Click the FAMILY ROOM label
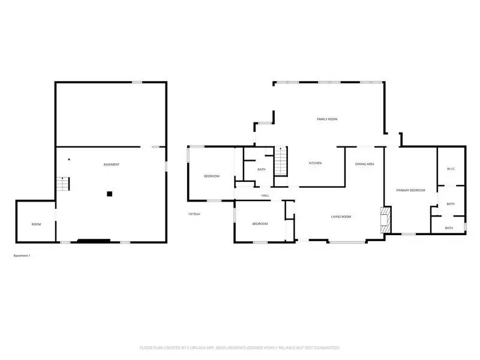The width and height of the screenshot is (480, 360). pyautogui.click(x=327, y=119)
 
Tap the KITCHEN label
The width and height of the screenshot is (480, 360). pyautogui.click(x=316, y=163)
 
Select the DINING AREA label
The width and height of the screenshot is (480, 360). pyautogui.click(x=365, y=163)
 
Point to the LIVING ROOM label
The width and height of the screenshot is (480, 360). pyautogui.click(x=341, y=217)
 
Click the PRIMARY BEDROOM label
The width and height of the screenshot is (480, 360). pyautogui.click(x=410, y=190)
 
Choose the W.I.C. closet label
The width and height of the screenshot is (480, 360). pyautogui.click(x=451, y=169)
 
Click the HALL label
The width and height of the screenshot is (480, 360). pyautogui.click(x=265, y=196)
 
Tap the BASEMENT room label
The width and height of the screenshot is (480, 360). pyautogui.click(x=111, y=164)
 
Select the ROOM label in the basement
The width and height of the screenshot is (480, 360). pyautogui.click(x=36, y=224)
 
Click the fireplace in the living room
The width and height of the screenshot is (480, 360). pyautogui.click(x=385, y=220)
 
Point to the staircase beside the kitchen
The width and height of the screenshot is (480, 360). pyautogui.click(x=281, y=161)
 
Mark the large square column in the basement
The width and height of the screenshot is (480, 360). pyautogui.click(x=110, y=193)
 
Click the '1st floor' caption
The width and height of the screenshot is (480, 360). pyautogui.click(x=194, y=214)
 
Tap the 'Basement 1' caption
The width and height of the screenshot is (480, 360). pyautogui.click(x=22, y=256)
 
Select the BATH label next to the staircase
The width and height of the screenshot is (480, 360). pyautogui.click(x=262, y=170)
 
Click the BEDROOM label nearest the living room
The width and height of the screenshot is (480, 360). pyautogui.click(x=260, y=224)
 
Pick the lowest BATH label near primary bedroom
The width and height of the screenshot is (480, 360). pyautogui.click(x=449, y=228)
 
